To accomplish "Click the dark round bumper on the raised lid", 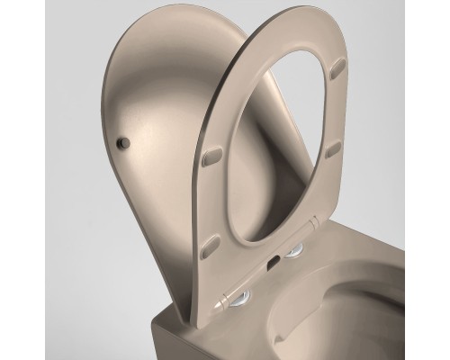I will [x=125, y=142].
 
